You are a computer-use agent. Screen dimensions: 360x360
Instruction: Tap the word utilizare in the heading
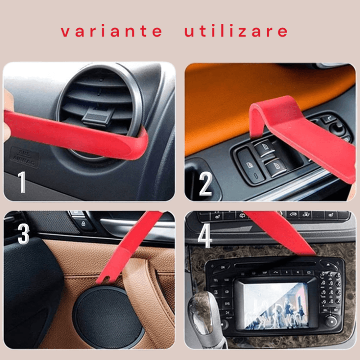click(x=236, y=31)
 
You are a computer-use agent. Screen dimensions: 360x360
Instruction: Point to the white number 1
click(x=22, y=182)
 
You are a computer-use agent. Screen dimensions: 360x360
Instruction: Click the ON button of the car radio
click(x=222, y=267)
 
